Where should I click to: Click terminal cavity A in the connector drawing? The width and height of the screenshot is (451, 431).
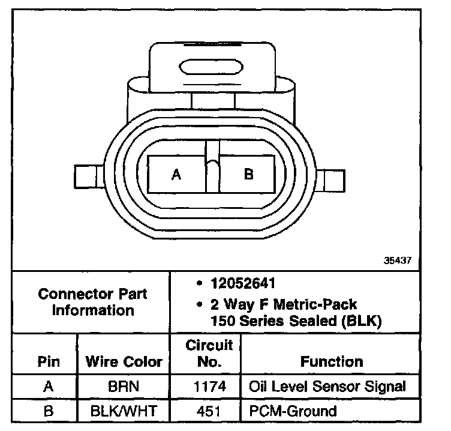[x=176, y=175]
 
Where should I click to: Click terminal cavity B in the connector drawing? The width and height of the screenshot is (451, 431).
[x=247, y=175]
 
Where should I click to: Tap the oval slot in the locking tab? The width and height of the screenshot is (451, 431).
[x=211, y=67]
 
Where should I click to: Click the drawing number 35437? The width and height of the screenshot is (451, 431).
[x=397, y=261]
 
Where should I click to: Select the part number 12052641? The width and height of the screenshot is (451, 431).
[x=243, y=283]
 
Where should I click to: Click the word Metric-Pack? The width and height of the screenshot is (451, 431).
[x=315, y=304]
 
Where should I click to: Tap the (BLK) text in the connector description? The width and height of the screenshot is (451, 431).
[x=361, y=321]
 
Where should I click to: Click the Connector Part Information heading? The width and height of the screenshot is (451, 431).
[x=92, y=302]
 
